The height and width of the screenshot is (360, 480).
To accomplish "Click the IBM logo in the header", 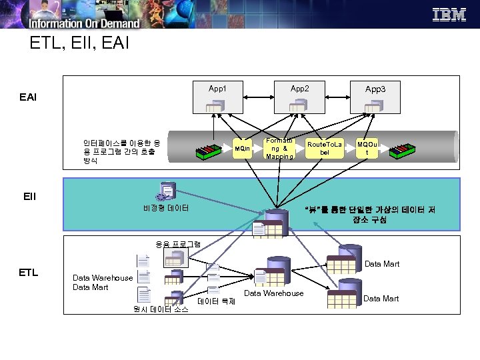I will click(449, 15).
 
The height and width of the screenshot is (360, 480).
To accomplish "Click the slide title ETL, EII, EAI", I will click(75, 44).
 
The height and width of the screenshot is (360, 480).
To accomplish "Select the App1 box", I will click(217, 98).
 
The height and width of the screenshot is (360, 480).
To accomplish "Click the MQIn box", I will click(243, 148).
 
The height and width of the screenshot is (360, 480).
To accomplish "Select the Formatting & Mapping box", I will click(279, 148).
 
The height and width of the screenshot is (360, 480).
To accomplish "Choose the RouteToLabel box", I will click(324, 148).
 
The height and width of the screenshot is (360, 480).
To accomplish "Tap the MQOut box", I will click(366, 148).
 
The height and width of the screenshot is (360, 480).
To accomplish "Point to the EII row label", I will click(29, 197).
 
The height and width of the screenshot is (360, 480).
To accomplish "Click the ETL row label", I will click(28, 272).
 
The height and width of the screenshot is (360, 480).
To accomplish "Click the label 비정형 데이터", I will click(166, 208).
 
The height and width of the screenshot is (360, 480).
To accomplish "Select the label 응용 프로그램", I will click(178, 244).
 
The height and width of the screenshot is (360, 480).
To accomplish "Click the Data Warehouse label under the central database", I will click(273, 293).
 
